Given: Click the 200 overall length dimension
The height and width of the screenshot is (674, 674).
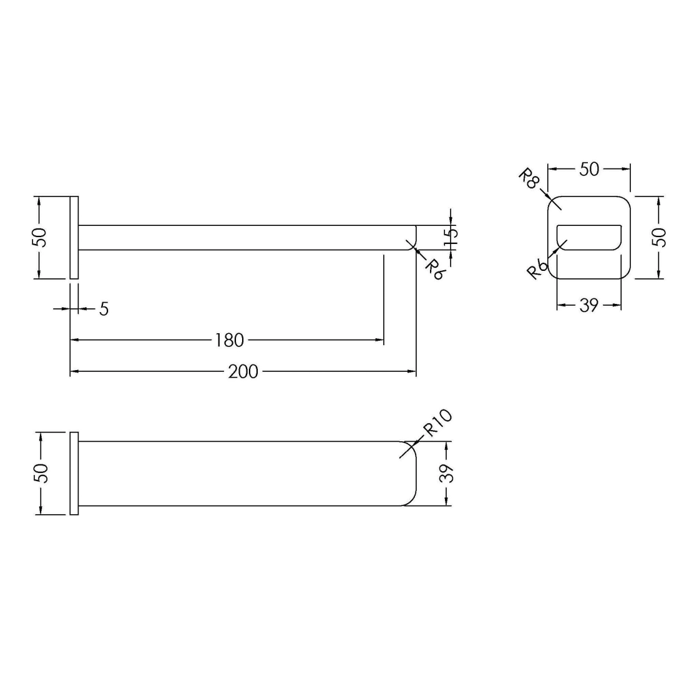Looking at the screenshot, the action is (x=243, y=372).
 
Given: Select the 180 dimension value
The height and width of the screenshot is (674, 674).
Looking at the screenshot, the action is (x=229, y=341).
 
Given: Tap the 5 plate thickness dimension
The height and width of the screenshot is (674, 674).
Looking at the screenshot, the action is (x=104, y=309).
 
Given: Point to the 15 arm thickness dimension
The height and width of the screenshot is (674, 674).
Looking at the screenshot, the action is (x=451, y=238).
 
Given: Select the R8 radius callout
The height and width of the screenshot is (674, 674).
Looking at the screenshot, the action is (x=529, y=179).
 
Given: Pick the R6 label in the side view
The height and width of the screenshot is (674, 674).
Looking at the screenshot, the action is (x=434, y=270).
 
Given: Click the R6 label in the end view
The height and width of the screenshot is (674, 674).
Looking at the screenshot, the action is (x=538, y=270).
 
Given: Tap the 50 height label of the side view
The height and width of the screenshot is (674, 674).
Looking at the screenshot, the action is (x=41, y=237).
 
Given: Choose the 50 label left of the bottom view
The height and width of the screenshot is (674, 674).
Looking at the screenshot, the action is (x=42, y=473).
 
